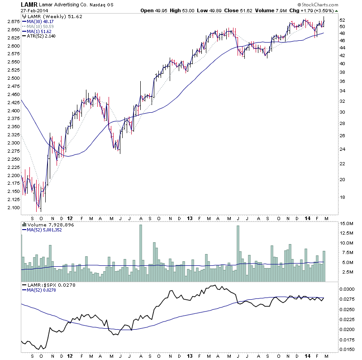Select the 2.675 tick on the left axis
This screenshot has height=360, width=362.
13,21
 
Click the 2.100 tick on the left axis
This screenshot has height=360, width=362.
13,207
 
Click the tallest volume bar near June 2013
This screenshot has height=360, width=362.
238,249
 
